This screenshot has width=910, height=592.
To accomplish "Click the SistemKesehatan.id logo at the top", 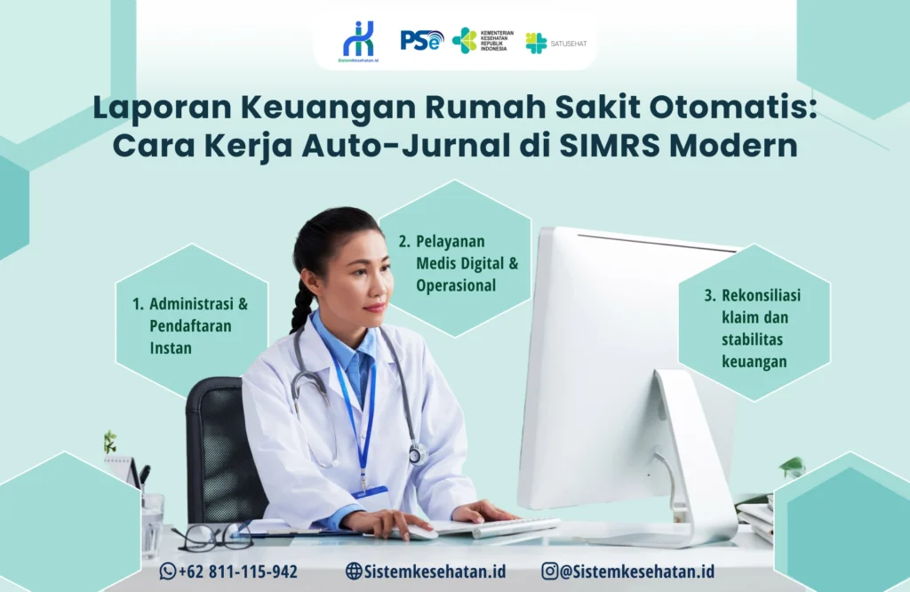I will [359, 41].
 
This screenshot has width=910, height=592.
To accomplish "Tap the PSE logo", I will [421, 40].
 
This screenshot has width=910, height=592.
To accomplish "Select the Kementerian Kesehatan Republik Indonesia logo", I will [480, 41].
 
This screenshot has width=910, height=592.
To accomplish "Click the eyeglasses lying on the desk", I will [212, 536].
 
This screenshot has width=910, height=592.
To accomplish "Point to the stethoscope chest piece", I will [418, 454].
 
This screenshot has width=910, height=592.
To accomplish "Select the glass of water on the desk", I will [152, 525].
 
